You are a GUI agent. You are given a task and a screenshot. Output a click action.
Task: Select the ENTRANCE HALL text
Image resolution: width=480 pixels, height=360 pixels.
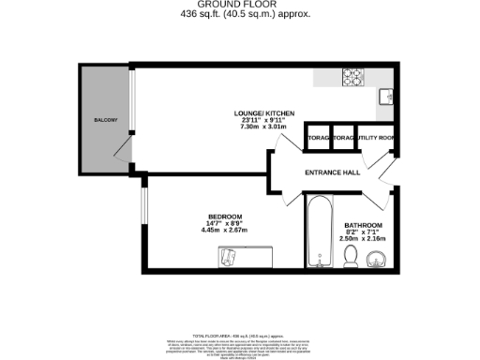(333, 172)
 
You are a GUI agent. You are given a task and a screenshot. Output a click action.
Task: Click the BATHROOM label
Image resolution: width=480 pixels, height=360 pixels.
(362, 226)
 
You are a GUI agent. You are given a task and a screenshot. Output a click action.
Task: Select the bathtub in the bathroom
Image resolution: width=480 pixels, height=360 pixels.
(318, 230)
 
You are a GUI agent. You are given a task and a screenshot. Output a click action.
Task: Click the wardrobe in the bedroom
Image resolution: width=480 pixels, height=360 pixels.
(244, 255)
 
